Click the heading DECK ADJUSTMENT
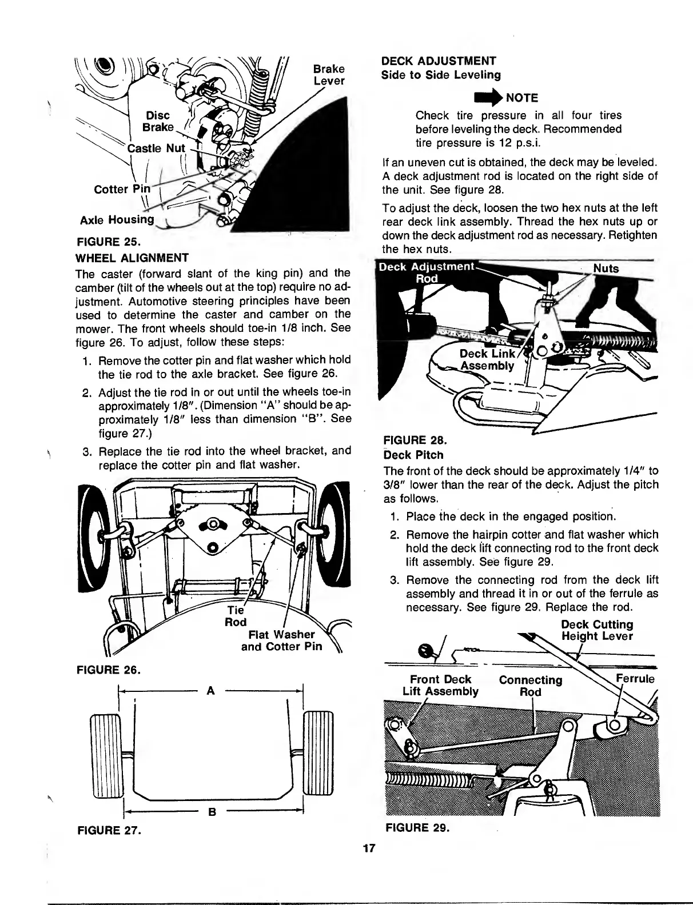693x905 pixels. pyautogui.click(x=439, y=61)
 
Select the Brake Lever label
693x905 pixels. pyautogui.click(x=329, y=75)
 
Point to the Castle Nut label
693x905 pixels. pyautogui.click(x=157, y=149)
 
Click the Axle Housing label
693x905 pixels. pyautogui.click(x=117, y=219)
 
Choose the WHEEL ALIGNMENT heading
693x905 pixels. pyautogui.click(x=132, y=257)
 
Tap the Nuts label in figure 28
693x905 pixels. pyautogui.click(x=606, y=269)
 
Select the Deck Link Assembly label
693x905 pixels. pyautogui.click(x=487, y=360)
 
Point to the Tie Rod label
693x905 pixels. pyautogui.click(x=235, y=615)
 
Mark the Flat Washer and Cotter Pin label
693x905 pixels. pyautogui.click(x=281, y=640)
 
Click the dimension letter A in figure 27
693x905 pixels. pyautogui.click(x=210, y=690)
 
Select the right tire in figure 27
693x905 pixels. pyautogui.click(x=316, y=752)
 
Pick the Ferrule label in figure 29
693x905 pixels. pyautogui.click(x=635, y=679)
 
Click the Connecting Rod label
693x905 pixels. pyautogui.click(x=530, y=686)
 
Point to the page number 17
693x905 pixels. pyautogui.click(x=369, y=848)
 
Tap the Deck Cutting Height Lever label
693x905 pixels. pyautogui.click(x=597, y=630)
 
